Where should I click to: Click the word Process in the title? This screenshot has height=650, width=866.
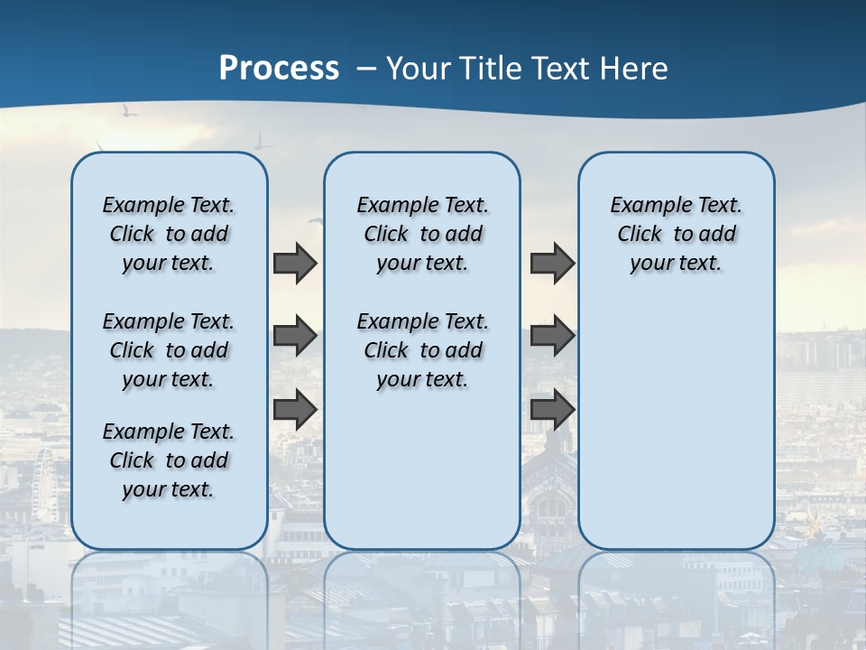pos(279,68)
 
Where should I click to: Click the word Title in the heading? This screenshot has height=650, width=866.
pos(491,68)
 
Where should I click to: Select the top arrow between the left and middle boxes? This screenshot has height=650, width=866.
pos(295,263)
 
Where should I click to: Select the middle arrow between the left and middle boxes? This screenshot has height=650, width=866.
pos(295,337)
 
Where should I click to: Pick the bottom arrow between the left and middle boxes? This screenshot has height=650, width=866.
pos(295,410)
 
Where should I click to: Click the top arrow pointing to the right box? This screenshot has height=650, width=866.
pos(552,263)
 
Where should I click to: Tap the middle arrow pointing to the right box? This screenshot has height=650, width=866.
pos(552,337)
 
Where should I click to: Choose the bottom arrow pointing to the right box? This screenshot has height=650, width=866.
pos(552,410)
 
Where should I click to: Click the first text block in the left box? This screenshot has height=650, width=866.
pos(169,234)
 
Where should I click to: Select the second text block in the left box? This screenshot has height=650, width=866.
pos(169,350)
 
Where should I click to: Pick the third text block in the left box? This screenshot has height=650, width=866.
pos(169,460)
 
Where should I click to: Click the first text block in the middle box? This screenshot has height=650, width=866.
pos(422,234)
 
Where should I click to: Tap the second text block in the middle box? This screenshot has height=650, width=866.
pos(422,350)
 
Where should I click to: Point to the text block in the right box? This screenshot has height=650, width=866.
pos(676,234)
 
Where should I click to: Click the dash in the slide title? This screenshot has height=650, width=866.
pos(367,69)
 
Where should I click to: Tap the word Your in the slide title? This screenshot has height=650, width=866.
pos(419,68)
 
